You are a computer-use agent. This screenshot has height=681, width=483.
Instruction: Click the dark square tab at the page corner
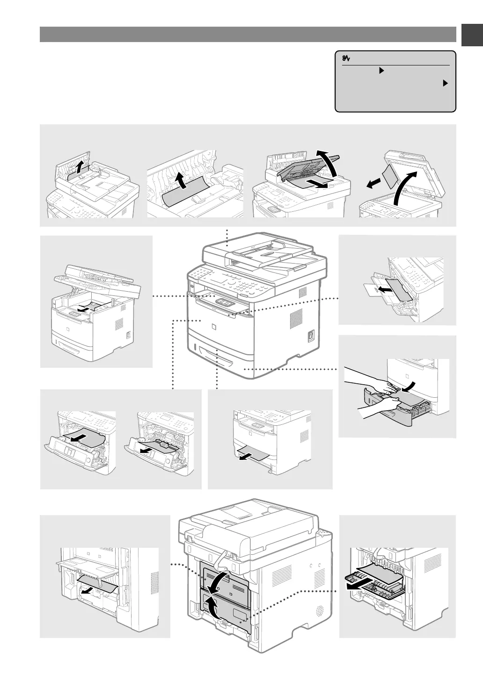coord(472,35)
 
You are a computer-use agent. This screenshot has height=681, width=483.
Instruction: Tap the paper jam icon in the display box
coord(346,58)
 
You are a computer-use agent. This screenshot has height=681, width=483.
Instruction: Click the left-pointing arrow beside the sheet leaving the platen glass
coord(373,186)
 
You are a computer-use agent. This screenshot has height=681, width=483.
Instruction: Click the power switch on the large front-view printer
coord(309,337)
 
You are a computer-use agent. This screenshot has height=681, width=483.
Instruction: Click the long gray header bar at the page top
coord(248,35)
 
